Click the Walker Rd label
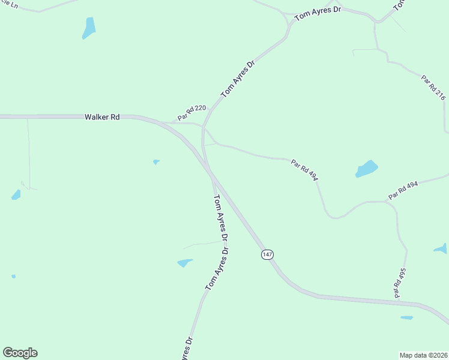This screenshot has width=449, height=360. pos(102,117)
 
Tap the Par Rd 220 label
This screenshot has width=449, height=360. pos(191,112)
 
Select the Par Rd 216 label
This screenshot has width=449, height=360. pos(433,86)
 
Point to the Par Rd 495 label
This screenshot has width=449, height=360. pos(399,282)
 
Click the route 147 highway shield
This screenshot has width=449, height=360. pos(268,255)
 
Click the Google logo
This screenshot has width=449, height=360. pos(20,353)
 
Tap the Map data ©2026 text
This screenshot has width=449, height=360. pos(424,355)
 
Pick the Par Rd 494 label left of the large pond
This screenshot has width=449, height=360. pos(304,169)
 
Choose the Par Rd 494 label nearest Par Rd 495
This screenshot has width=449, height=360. pos(403,191)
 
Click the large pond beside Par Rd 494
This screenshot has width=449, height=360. pos(367,169)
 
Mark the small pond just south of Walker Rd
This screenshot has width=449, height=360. pos(156,161)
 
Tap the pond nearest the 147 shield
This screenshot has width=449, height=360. pos(185,263)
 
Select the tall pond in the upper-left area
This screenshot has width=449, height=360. pos(89,28)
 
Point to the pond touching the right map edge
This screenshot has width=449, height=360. pos(441,248)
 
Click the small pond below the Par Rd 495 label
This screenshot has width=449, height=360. pos(406,317)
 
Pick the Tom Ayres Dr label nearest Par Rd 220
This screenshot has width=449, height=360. pos(238,79)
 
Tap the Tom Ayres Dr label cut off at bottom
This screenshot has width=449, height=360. pos(185,350)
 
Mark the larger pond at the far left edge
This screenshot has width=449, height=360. pos(16,194)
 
